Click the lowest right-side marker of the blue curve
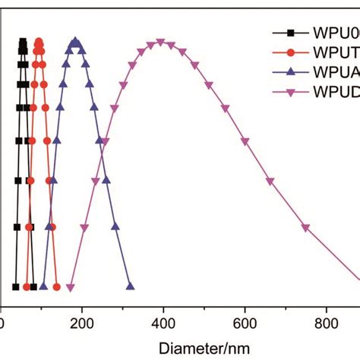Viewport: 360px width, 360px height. tap(130, 287)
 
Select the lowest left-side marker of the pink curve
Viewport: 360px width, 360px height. tap(70, 287)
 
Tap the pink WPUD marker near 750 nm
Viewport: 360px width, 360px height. tap(306, 227)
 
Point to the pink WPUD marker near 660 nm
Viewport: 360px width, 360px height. tap(270, 181)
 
